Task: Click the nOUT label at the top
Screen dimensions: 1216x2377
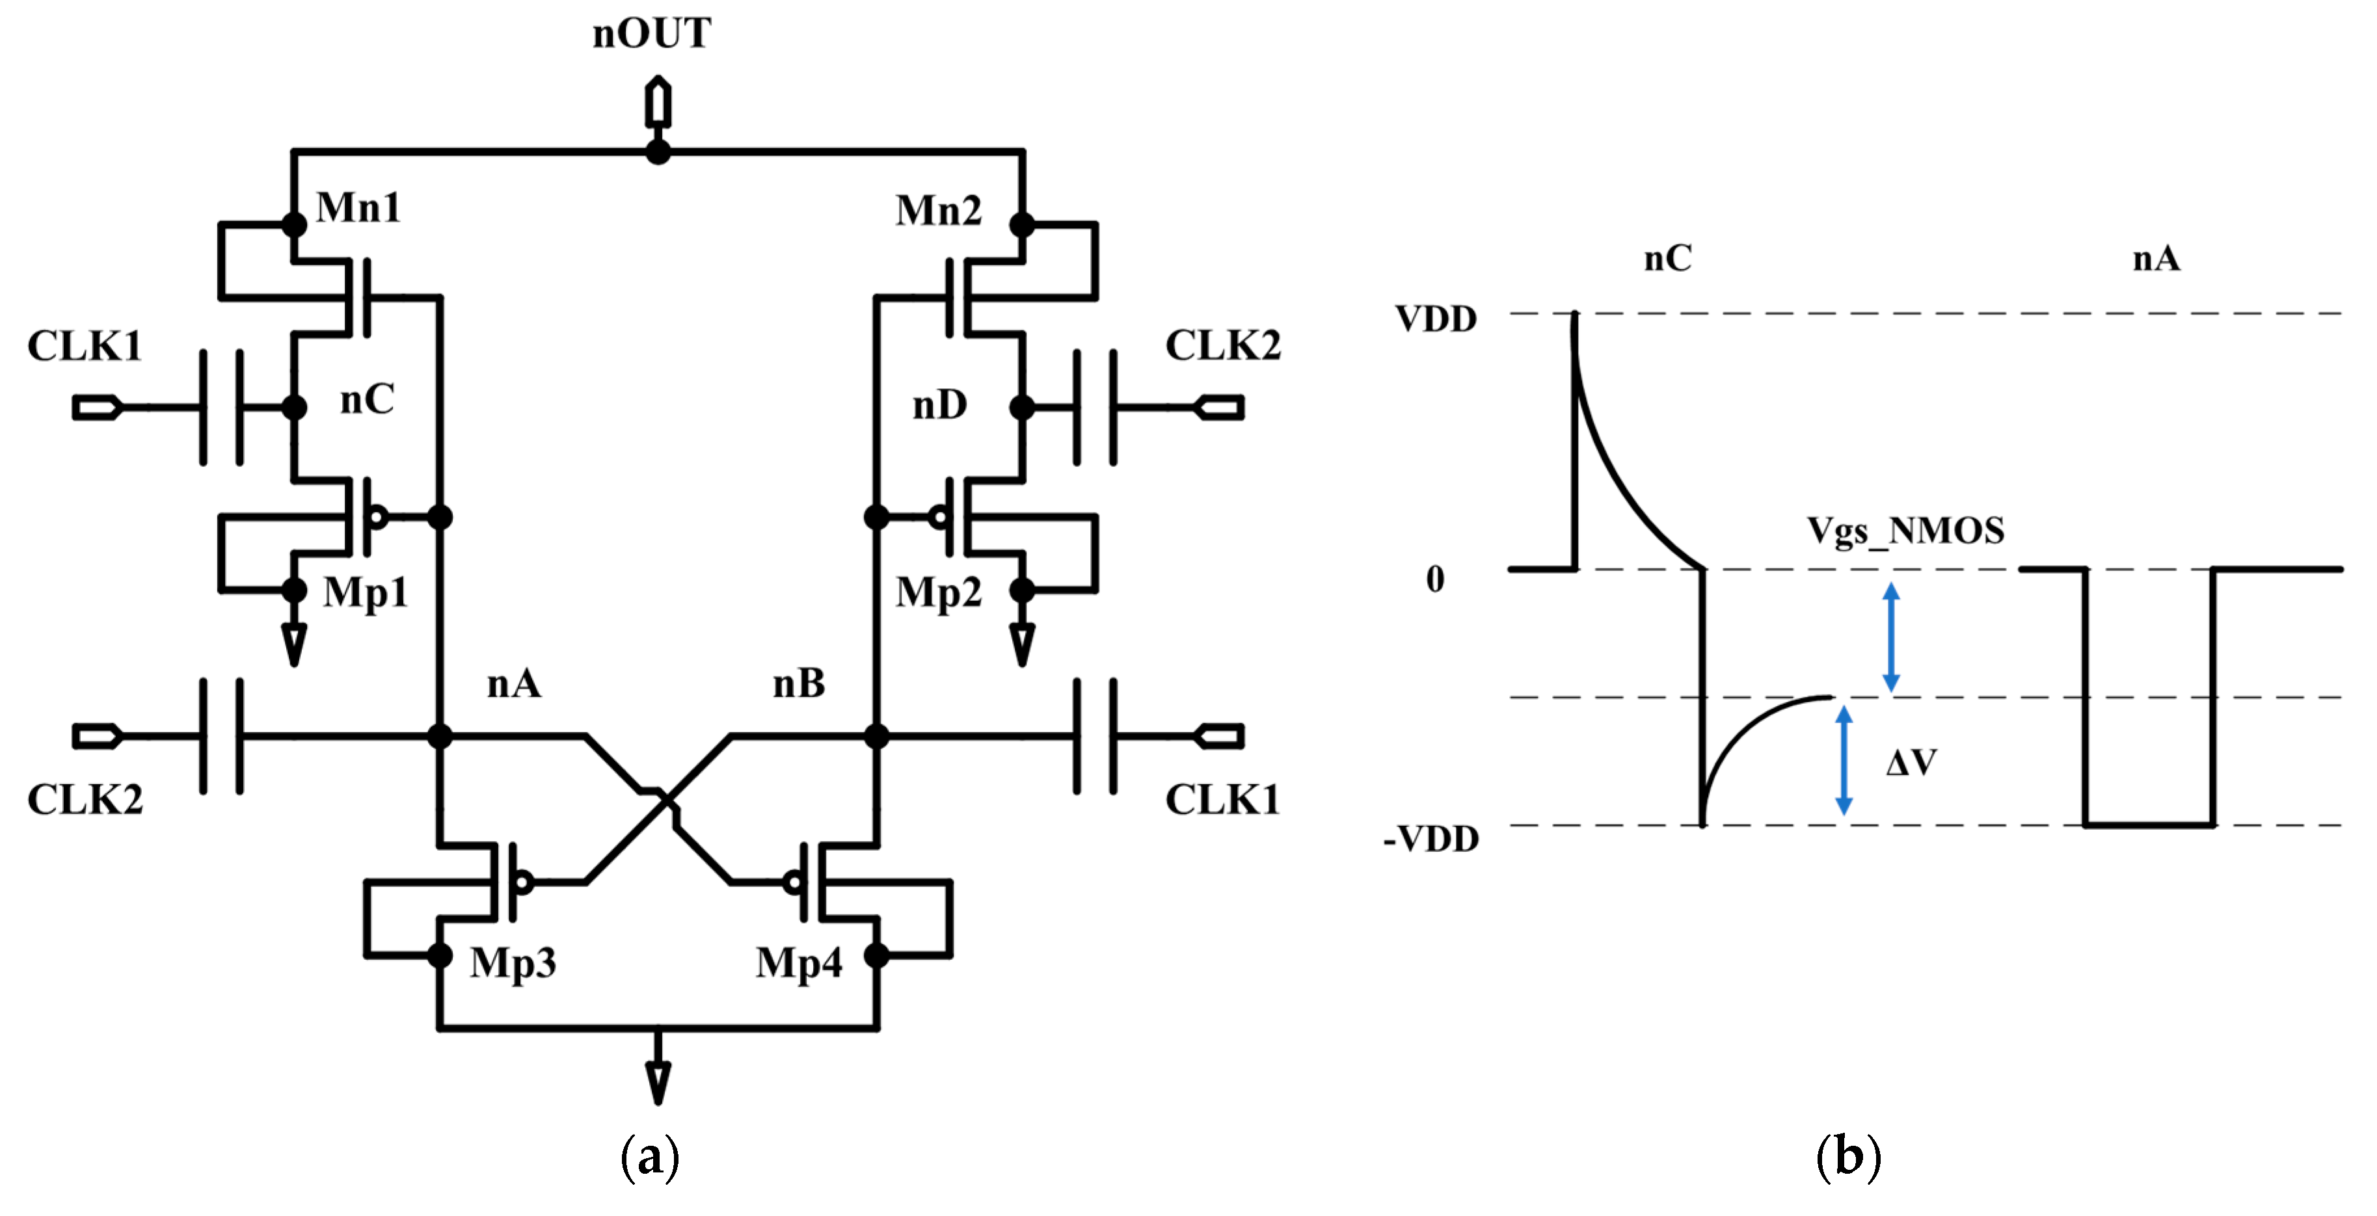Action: coord(651,34)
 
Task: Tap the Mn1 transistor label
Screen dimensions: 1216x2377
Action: coord(358,207)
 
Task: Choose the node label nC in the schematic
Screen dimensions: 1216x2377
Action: coord(366,399)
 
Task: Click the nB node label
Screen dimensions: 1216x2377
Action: coord(798,683)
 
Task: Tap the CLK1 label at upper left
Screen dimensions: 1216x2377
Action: coord(84,347)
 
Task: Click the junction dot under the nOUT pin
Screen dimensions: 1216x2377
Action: coord(657,152)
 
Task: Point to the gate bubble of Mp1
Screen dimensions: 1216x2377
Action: coord(377,517)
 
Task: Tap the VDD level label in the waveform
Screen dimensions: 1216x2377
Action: coord(1436,319)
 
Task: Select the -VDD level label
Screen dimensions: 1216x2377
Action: coord(1431,839)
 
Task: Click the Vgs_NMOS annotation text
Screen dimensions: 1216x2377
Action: coord(1905,531)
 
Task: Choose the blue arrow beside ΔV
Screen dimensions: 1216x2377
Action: coord(1844,761)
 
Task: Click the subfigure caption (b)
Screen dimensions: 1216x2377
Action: coord(1848,1157)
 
